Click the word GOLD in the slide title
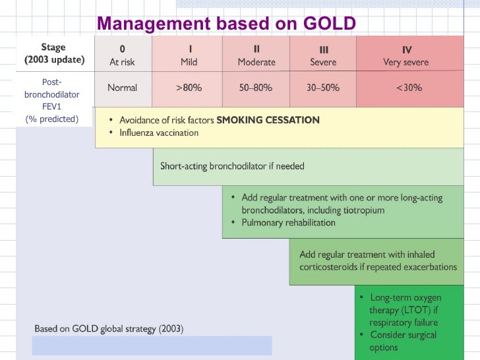click(329, 24)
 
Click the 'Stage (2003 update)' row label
click(53, 53)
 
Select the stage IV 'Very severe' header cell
click(406, 55)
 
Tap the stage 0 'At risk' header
click(123, 55)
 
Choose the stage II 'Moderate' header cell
click(256, 55)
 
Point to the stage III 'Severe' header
click(323, 55)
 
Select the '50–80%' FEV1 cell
click(256, 88)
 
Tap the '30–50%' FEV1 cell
click(323, 88)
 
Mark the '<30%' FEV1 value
click(409, 88)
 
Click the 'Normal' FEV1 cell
click(123, 88)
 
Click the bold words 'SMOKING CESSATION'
click(268, 120)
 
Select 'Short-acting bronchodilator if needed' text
click(232, 166)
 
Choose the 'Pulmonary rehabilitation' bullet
click(288, 223)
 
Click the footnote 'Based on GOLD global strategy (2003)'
click(109, 328)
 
